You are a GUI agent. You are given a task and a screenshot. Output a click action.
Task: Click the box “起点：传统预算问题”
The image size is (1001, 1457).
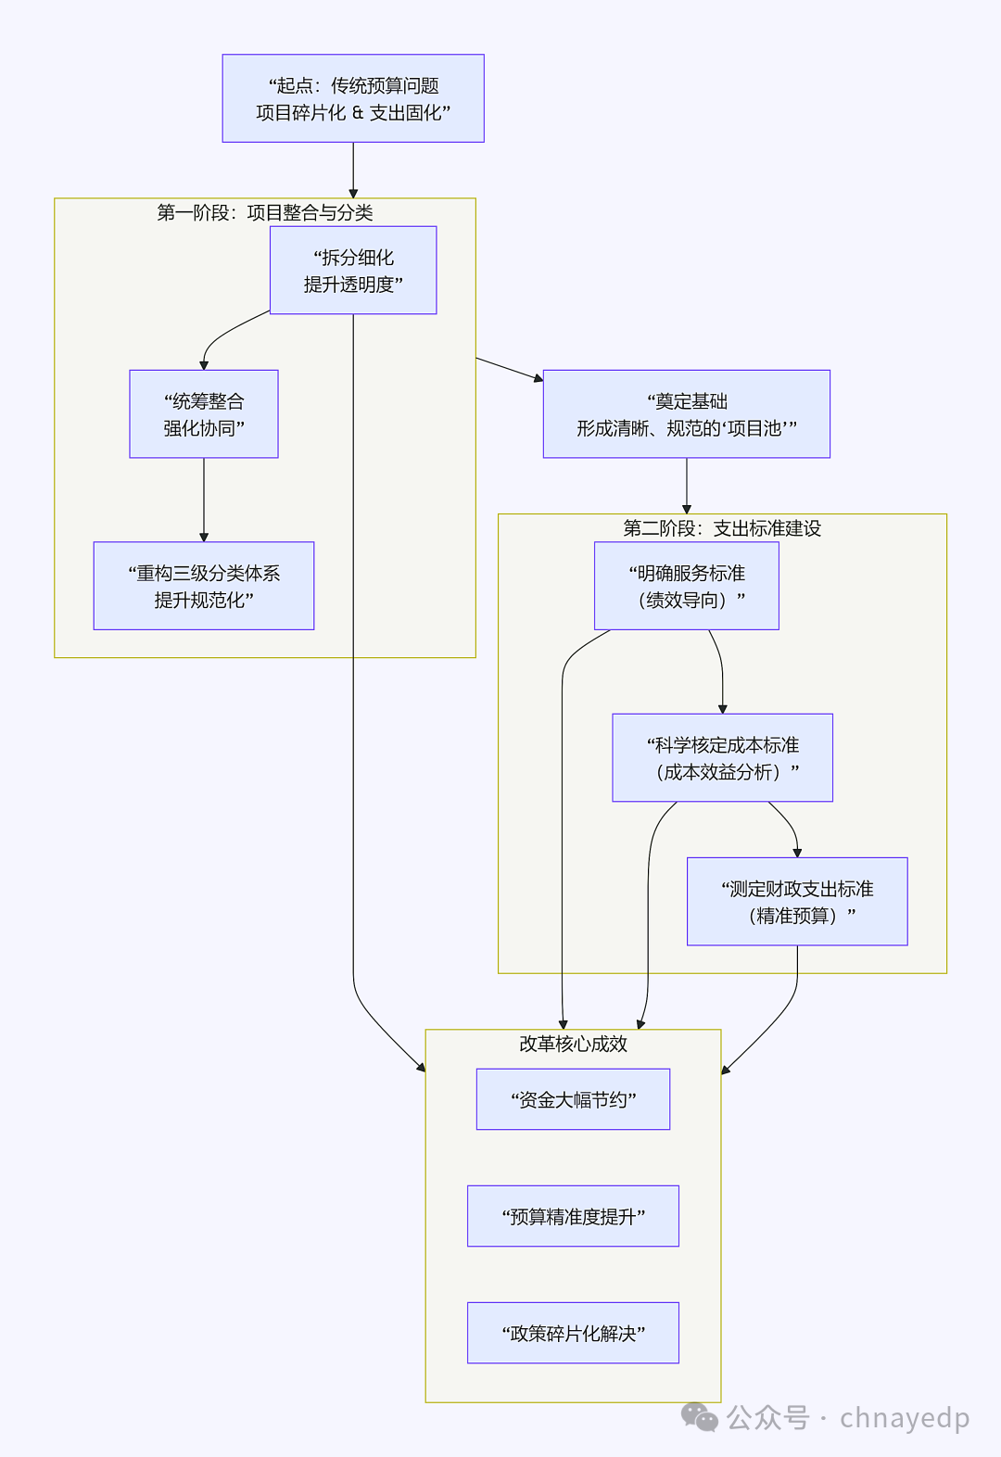pos(353,98)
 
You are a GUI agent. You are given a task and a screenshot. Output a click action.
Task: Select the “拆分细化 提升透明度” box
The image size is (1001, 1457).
pos(353,271)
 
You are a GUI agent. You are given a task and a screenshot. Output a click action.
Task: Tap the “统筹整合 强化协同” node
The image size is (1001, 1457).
pos(204,414)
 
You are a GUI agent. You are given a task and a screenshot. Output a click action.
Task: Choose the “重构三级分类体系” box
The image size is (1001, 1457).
pos(204,586)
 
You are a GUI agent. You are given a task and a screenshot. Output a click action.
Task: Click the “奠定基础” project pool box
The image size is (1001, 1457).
pos(686,414)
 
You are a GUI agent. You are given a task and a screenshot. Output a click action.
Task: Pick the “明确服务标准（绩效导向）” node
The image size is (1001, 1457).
pos(686,586)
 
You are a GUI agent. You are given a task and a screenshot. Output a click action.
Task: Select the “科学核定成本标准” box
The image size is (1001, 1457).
pos(722,757)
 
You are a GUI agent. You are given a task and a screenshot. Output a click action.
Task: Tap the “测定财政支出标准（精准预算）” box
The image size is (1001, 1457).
pos(797,901)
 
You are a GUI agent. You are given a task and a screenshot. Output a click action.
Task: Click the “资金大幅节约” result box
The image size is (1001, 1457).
pos(573,1099)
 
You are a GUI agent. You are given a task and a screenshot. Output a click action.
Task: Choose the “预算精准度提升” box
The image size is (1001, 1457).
pos(573,1216)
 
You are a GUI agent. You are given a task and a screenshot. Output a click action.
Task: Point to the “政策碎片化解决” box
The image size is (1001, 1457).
pos(573,1333)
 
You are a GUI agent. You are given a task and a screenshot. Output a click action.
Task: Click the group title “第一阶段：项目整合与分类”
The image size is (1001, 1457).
pos(265,213)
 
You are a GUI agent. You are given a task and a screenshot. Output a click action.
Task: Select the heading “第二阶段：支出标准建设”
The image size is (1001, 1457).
pos(722,528)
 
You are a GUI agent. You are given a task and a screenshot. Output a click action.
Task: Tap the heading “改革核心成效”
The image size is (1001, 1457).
pos(573,1044)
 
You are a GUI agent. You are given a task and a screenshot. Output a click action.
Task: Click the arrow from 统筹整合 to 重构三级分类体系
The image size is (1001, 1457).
pos(204,500)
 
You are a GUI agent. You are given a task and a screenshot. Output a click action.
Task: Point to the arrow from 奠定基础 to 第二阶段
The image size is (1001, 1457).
pos(687,486)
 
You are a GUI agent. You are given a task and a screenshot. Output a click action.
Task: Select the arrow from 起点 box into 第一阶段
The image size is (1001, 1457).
pos(353,171)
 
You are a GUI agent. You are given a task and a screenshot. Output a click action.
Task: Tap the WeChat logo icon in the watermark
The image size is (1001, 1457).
pos(700,1417)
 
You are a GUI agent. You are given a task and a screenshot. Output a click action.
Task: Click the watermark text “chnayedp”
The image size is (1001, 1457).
pos(905,1418)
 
